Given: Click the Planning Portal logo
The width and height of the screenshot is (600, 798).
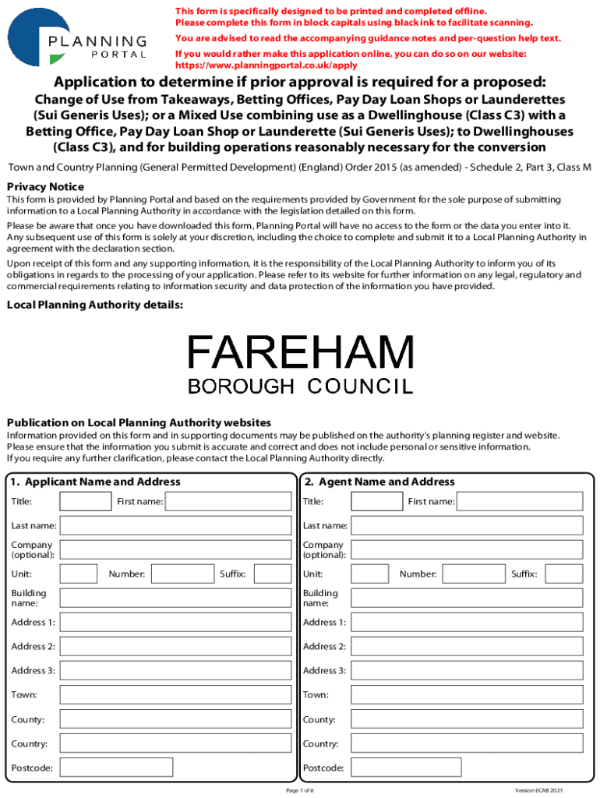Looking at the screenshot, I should click(x=78, y=37).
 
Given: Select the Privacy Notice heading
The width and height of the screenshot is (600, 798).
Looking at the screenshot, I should click(x=45, y=187).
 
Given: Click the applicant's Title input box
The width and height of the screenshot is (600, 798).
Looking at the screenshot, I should click(x=86, y=501).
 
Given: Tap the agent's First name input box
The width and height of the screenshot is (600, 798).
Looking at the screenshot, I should click(x=519, y=501).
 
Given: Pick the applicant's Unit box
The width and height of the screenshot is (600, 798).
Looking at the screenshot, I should click(x=79, y=574).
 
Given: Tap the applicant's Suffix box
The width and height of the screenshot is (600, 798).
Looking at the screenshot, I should click(x=272, y=574).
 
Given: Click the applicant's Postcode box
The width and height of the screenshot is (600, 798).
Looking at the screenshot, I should click(x=116, y=768).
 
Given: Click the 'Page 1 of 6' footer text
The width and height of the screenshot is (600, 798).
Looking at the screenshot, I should click(x=300, y=790).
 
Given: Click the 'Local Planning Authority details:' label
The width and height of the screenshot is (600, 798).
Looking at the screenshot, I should click(x=95, y=305).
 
